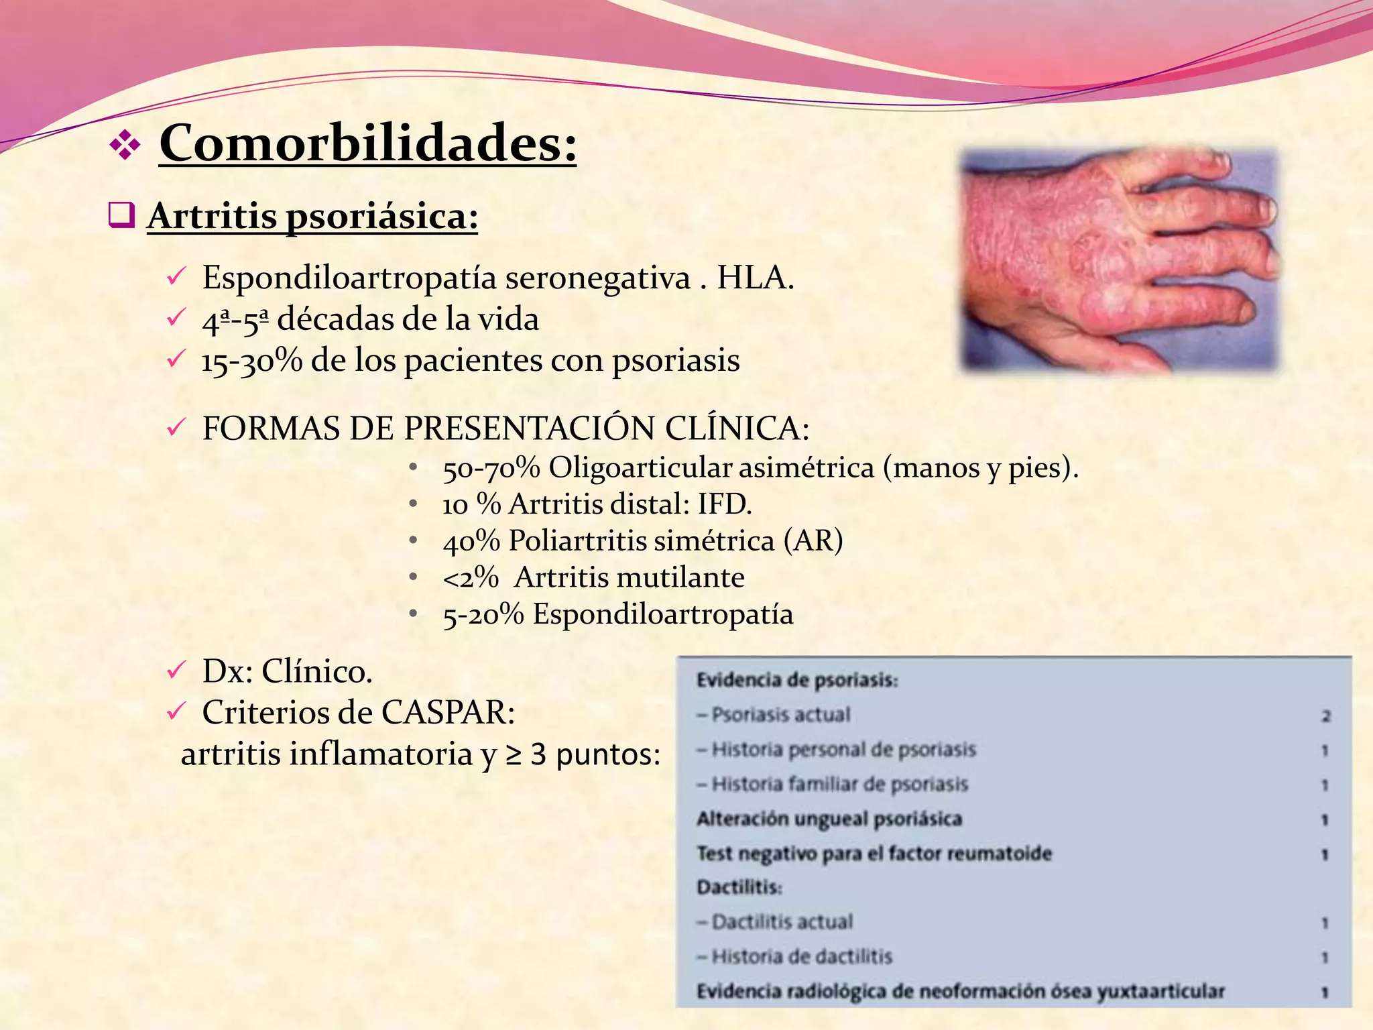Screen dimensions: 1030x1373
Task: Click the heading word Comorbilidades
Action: tap(367, 144)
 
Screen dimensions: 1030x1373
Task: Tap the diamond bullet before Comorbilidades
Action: tap(125, 145)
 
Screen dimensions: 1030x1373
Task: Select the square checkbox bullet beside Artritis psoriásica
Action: tap(121, 215)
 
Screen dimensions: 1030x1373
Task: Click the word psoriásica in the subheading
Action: tap(382, 217)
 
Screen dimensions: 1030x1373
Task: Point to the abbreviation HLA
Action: tap(755, 278)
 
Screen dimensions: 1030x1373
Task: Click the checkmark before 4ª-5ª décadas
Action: tap(175, 318)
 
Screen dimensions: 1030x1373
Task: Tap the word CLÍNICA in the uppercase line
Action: tap(737, 428)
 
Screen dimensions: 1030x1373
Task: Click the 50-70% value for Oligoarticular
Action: tap(491, 468)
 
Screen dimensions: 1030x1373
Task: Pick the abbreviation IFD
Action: tap(724, 504)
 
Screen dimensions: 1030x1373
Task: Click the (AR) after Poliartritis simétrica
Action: tap(813, 540)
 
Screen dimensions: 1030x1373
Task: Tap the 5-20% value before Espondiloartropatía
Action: tap(483, 614)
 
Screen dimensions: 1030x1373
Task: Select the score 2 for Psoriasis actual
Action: tap(1325, 716)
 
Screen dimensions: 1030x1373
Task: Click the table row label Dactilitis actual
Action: tap(782, 922)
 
